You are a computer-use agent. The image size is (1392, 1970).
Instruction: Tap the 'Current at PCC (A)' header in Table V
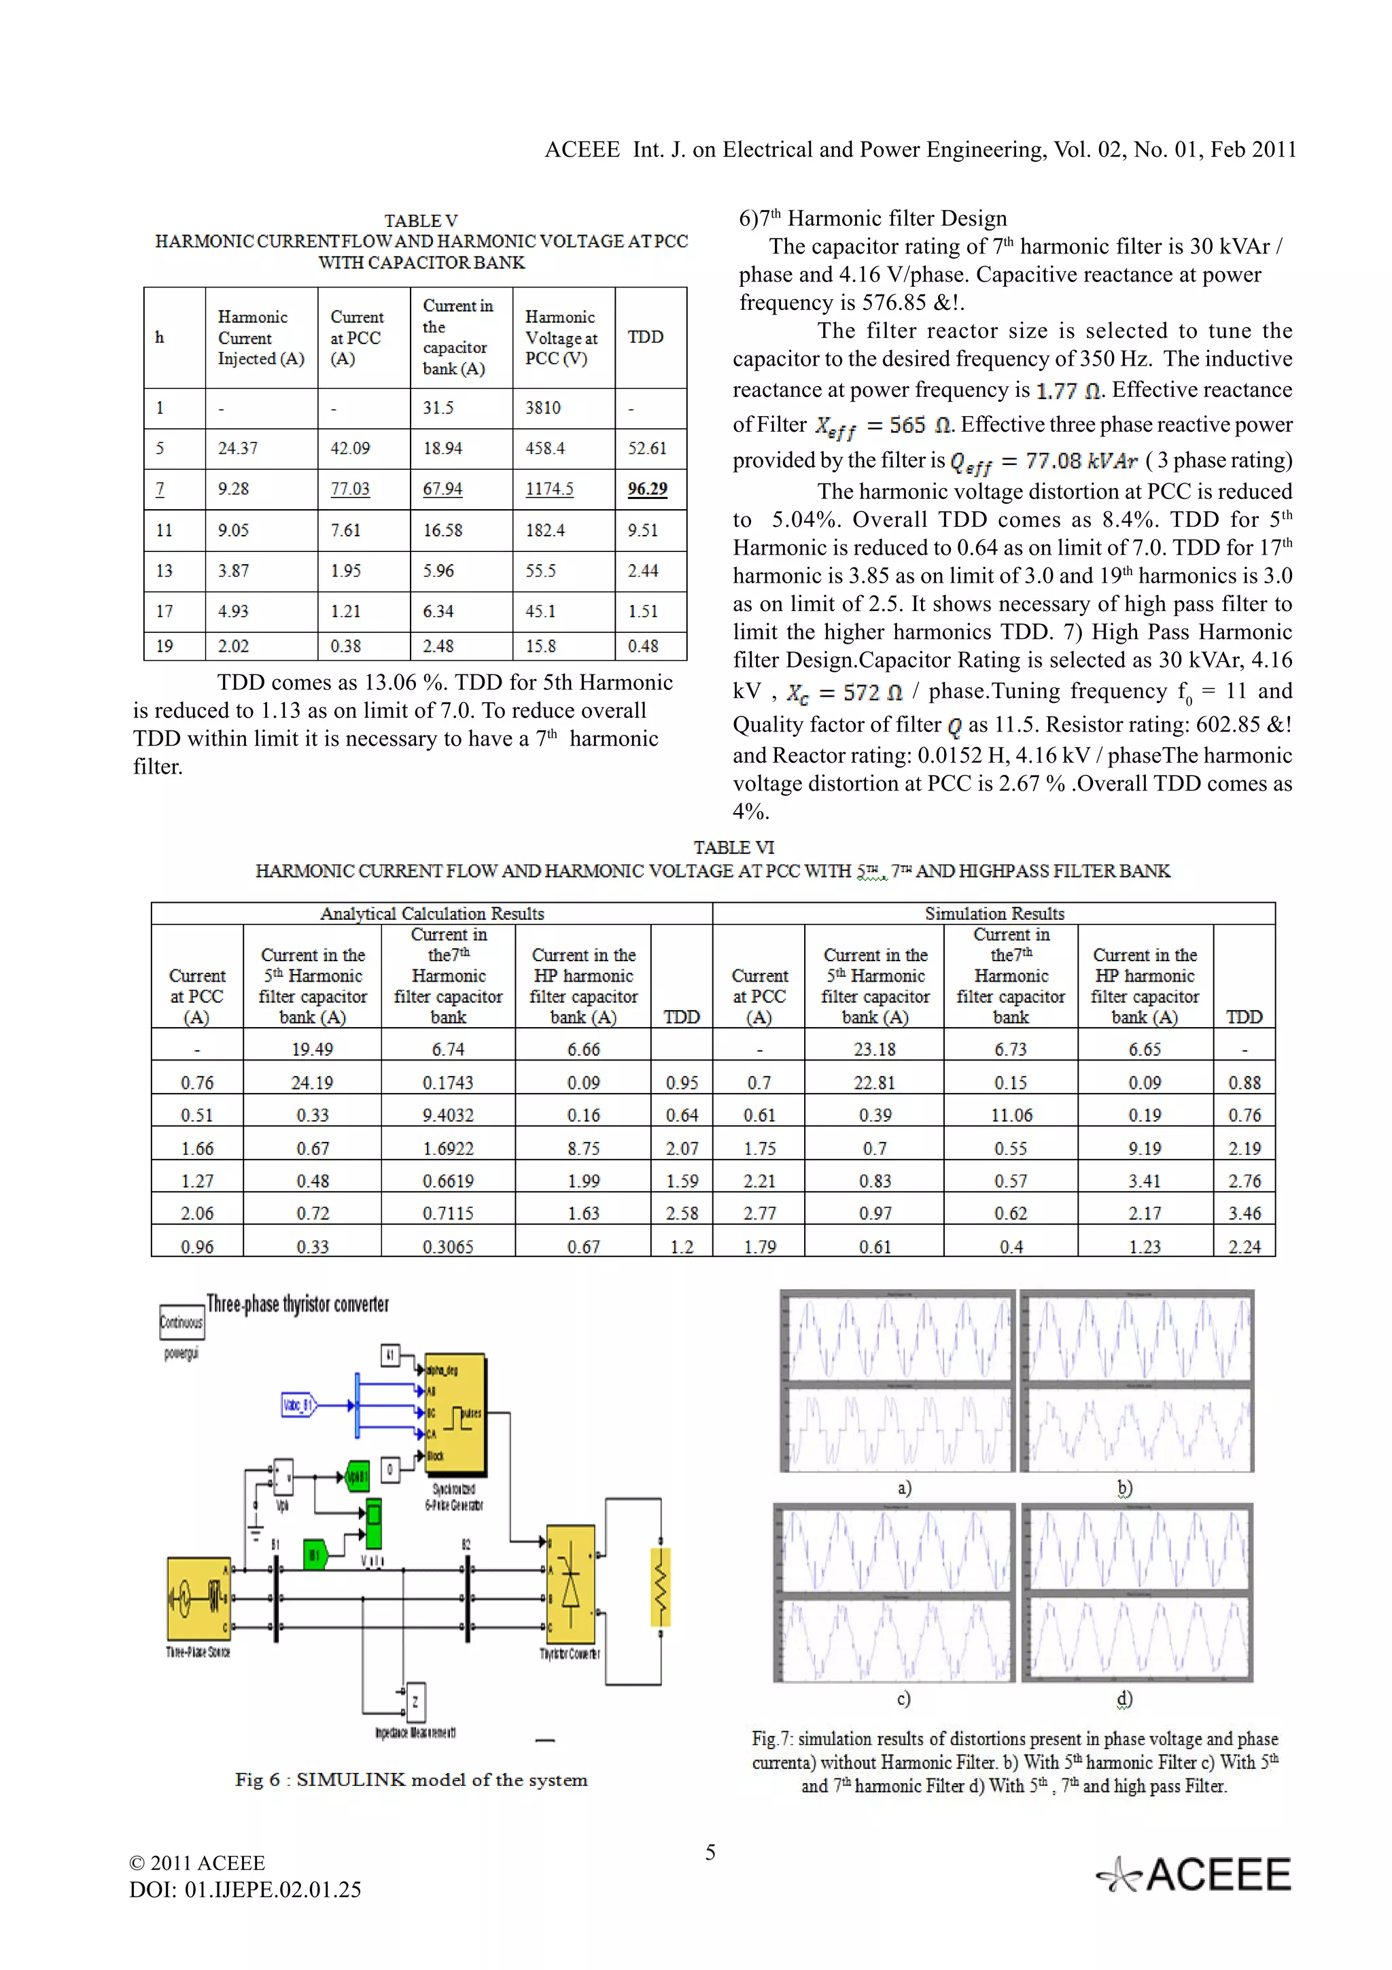pos(357,337)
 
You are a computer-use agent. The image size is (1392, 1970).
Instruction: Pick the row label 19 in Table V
pos(164,646)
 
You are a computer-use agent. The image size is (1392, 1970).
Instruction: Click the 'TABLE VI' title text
pos(733,848)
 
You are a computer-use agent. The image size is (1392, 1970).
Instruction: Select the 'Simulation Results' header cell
pos(994,914)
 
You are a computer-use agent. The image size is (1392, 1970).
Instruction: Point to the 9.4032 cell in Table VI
pos(448,1116)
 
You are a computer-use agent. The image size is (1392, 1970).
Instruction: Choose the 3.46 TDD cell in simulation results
pos(1244,1213)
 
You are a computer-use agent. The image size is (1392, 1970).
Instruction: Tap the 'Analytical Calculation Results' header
pos(432,914)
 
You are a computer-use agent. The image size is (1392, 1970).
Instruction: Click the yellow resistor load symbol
pos(661,1588)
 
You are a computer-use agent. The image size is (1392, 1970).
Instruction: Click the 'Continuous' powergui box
pos(181,1322)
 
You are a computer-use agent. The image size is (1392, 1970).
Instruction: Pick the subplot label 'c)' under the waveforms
pos(903,1699)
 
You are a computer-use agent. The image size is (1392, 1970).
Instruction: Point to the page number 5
pos(710,1852)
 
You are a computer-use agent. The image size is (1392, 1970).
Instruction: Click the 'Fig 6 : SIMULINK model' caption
pos(411,1780)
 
